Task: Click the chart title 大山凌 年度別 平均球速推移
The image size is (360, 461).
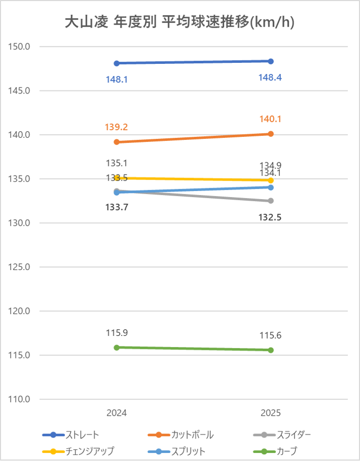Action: (x=180, y=22)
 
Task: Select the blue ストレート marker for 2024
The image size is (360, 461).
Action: (x=117, y=63)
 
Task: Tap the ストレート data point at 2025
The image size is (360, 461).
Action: (x=271, y=61)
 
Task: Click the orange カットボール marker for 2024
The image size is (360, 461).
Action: (x=117, y=142)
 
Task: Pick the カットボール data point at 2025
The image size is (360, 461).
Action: (x=271, y=134)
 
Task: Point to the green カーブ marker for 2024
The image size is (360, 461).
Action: (x=117, y=347)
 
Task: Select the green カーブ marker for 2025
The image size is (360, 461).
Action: (x=271, y=350)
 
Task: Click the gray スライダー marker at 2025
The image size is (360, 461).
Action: (x=271, y=201)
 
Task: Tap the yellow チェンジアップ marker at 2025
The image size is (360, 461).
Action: (x=271, y=180)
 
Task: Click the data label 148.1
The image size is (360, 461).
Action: (x=117, y=80)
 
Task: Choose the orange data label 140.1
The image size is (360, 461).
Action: (x=271, y=119)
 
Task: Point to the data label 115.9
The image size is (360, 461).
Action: (x=117, y=333)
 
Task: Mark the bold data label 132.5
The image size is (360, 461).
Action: (x=271, y=217)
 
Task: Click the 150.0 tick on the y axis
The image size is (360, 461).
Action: (x=20, y=47)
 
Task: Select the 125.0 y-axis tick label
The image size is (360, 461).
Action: (x=20, y=267)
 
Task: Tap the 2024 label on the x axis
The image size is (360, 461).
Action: (x=117, y=413)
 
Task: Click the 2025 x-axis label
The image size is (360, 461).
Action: (x=271, y=413)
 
